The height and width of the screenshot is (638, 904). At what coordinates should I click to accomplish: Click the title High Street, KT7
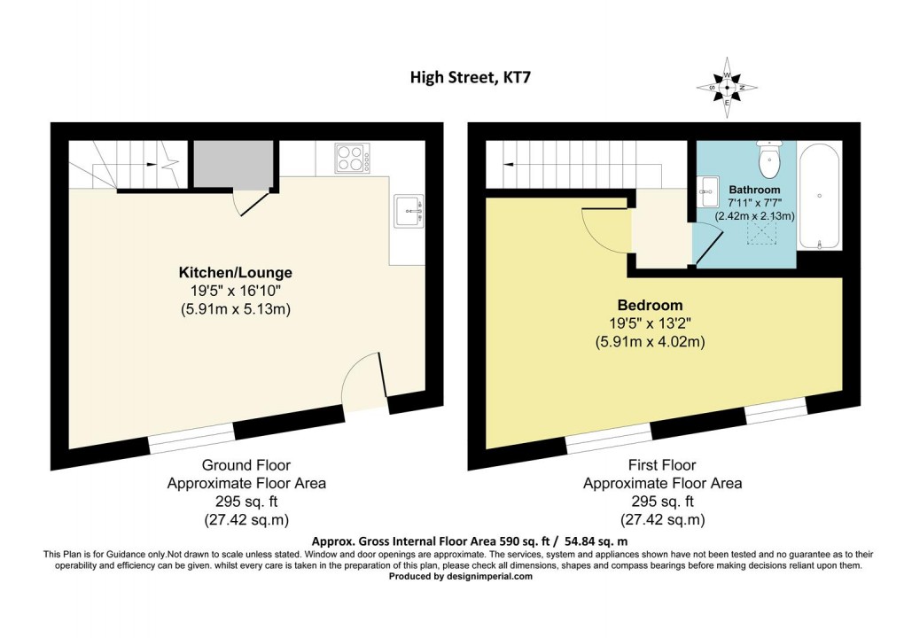click(471, 77)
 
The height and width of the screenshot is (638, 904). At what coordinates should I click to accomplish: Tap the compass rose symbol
click(727, 88)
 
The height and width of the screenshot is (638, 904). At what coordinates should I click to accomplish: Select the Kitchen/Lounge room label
click(235, 272)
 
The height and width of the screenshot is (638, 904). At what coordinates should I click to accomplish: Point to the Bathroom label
click(754, 190)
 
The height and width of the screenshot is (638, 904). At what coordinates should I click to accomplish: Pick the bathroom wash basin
click(708, 187)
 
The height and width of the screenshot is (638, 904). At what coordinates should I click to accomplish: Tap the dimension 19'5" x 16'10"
click(235, 291)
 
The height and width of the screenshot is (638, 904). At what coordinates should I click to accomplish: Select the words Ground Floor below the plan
click(245, 465)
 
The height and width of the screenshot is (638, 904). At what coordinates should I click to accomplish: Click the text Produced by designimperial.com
click(461, 576)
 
